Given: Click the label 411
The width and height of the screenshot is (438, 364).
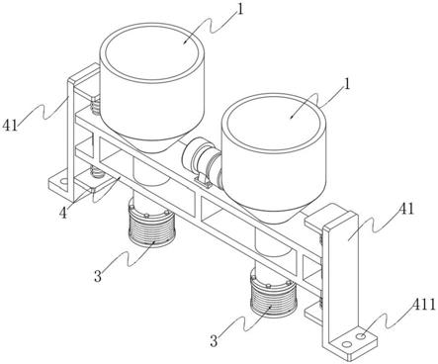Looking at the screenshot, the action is point(424,306).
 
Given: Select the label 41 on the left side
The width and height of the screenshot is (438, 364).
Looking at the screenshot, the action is point(10,126).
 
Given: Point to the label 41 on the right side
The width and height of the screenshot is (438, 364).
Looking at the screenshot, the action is point(406,209).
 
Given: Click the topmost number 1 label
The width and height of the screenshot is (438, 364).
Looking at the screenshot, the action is point(240,9).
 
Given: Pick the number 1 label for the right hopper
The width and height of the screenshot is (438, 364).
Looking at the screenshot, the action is point(346,85).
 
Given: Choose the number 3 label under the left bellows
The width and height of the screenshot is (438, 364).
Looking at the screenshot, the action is point(98,276).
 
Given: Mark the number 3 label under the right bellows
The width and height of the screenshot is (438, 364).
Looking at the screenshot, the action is point(214,341).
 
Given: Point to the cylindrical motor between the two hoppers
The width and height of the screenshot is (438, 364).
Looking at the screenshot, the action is point(201,156).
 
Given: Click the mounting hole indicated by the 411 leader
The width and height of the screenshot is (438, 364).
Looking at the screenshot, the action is point(362,336).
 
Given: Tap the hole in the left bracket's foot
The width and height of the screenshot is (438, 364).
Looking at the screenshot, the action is point(64,181).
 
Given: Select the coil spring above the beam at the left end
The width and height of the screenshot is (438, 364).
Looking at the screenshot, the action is point(95,106).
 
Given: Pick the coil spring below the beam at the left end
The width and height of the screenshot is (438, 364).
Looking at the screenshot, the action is point(96,172).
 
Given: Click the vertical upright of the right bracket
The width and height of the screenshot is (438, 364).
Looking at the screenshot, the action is point(339,280).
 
